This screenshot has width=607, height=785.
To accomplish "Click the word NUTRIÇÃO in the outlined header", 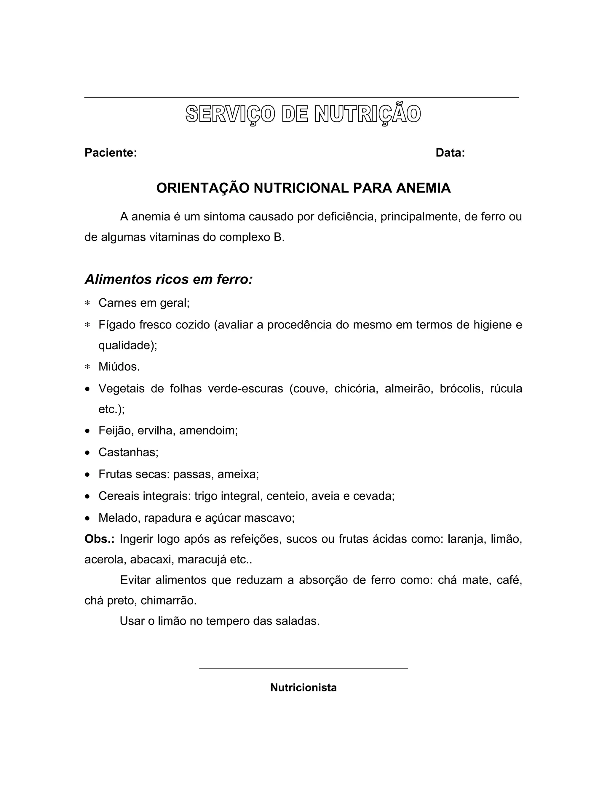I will (368, 114).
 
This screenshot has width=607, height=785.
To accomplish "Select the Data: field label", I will (450, 153).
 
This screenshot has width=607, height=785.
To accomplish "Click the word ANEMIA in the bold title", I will (423, 188).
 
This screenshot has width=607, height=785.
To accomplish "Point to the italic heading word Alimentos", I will (118, 279).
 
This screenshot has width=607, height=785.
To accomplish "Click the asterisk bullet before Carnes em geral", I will (87, 303).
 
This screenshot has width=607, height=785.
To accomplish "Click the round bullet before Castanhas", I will (87, 453).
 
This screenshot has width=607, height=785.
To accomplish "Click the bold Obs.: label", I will (100, 539).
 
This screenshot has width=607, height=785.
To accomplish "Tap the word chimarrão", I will (169, 601).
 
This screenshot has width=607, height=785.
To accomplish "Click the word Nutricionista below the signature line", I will (303, 688).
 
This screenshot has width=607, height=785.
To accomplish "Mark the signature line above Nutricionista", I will (303, 668).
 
